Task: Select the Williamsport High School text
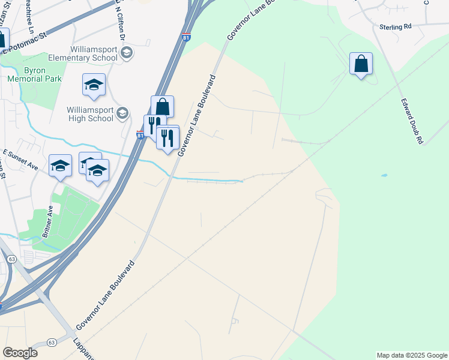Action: [90, 114]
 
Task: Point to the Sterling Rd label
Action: [395, 27]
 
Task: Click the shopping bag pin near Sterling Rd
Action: [361, 64]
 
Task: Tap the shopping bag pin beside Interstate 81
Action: [162, 107]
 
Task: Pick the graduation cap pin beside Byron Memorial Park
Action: [94, 85]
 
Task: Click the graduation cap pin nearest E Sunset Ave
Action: [60, 166]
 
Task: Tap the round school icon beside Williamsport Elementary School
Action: [127, 53]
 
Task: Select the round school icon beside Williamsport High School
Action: [122, 113]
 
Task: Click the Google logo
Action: [20, 353]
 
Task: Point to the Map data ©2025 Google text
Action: [412, 355]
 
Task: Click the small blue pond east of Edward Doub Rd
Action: [384, 175]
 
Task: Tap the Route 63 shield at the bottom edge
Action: [52, 342]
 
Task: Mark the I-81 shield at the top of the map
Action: [186, 37]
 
